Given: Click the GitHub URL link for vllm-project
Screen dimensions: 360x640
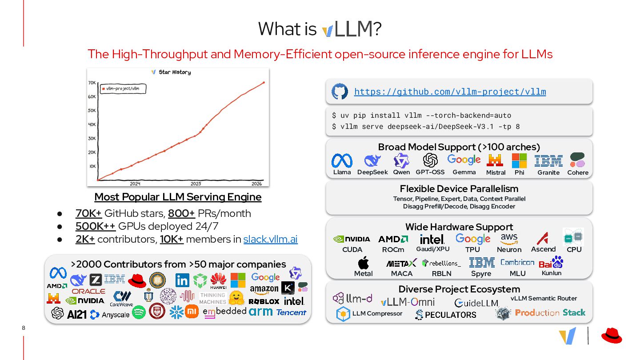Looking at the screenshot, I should (450, 92).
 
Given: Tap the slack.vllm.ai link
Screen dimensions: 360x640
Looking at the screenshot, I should (270, 239).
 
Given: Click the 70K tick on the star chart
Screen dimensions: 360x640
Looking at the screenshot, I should (92, 83).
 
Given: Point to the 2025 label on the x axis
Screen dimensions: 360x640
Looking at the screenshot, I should (196, 184).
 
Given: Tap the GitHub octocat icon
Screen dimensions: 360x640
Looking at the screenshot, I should (340, 92).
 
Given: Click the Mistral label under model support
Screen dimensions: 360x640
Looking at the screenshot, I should (496, 172).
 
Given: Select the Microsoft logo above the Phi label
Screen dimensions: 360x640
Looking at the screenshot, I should (519, 160).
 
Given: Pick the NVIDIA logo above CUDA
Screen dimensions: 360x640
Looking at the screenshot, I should (352, 239).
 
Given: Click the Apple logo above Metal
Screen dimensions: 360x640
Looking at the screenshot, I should (363, 263).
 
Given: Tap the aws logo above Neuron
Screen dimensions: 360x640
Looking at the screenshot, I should (509, 239).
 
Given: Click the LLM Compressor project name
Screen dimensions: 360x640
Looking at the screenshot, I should (377, 313).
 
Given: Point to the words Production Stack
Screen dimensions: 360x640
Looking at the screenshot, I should (550, 312).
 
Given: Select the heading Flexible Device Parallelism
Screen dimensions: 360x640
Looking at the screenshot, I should (459, 188).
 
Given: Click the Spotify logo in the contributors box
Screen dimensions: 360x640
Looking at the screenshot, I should (139, 312).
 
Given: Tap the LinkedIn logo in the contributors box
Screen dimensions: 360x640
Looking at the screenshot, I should (182, 280).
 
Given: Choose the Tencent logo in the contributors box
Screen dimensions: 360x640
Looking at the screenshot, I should (291, 312).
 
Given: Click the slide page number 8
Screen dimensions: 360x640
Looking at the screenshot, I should (23, 328).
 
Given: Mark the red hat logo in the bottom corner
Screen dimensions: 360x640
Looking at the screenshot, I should (612, 336).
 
